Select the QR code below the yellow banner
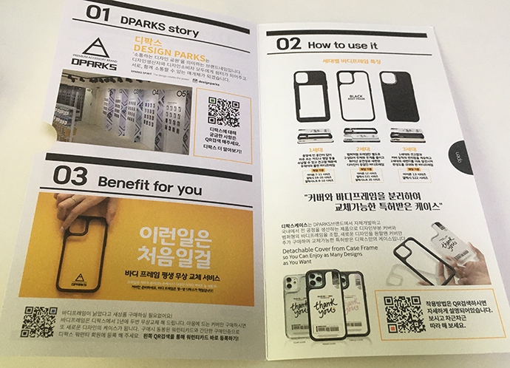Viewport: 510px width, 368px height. click(38, 321)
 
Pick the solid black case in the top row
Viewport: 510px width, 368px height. click(399, 96)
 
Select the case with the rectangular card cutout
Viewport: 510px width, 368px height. click(311, 96)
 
